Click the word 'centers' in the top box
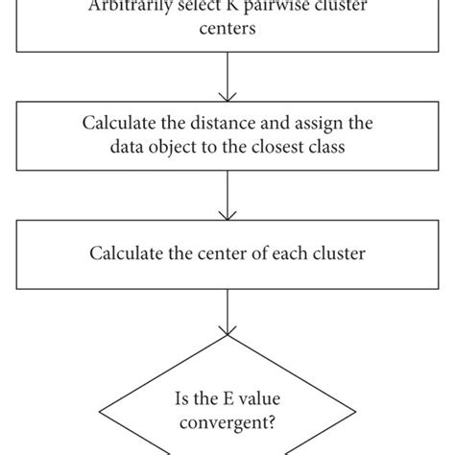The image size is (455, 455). [227, 31]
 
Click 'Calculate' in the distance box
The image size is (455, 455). [123, 123]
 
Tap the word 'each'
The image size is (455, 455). [281, 254]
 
